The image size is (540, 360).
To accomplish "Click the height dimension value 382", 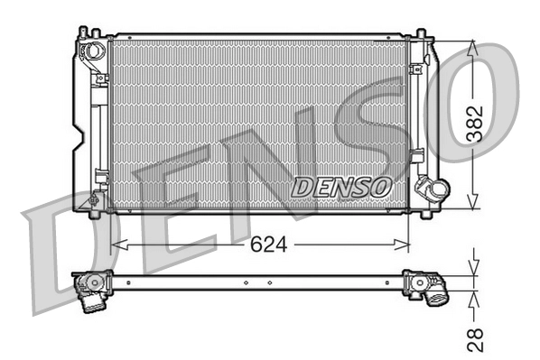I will click(476, 125).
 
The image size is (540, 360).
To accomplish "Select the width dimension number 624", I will click(262, 245).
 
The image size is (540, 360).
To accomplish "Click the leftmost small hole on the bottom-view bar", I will click(128, 282).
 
